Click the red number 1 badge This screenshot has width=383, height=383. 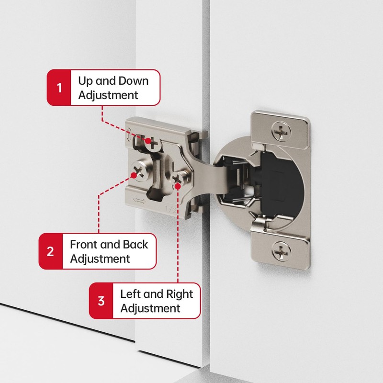[x=59, y=88]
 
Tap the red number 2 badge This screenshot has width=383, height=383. [x=51, y=251]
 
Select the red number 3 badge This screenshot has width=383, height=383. [x=101, y=301]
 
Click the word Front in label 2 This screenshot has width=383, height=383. [x=88, y=244]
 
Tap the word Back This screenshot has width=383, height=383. [x=136, y=244]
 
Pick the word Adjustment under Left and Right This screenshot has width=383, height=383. [x=150, y=308]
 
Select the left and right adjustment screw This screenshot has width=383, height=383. [x=179, y=180]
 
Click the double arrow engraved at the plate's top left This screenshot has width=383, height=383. [x=129, y=135]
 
